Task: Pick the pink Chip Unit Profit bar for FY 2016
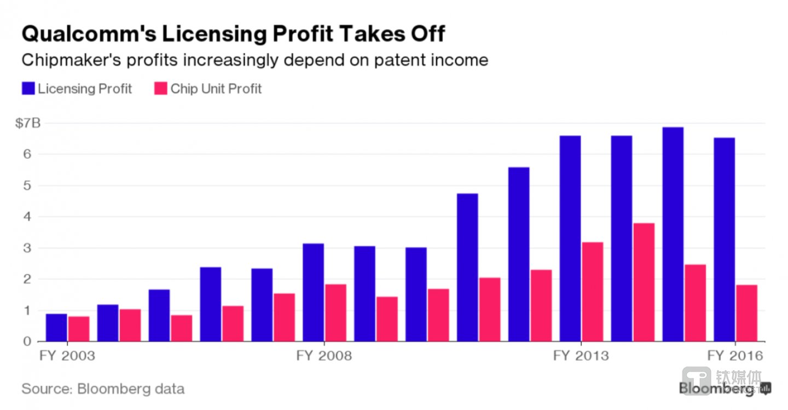point(747,313)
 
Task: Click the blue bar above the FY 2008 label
point(313,292)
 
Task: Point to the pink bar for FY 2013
point(593,292)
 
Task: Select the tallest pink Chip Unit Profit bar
point(644,282)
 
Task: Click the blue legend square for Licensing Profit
point(28,89)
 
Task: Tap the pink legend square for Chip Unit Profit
point(160,89)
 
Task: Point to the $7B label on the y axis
point(27,123)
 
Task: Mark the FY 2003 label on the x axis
point(67,356)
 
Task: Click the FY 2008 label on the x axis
point(324,356)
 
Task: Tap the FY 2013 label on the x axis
point(581,356)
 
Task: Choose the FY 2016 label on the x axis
point(735,356)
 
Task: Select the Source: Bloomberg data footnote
point(103,389)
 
